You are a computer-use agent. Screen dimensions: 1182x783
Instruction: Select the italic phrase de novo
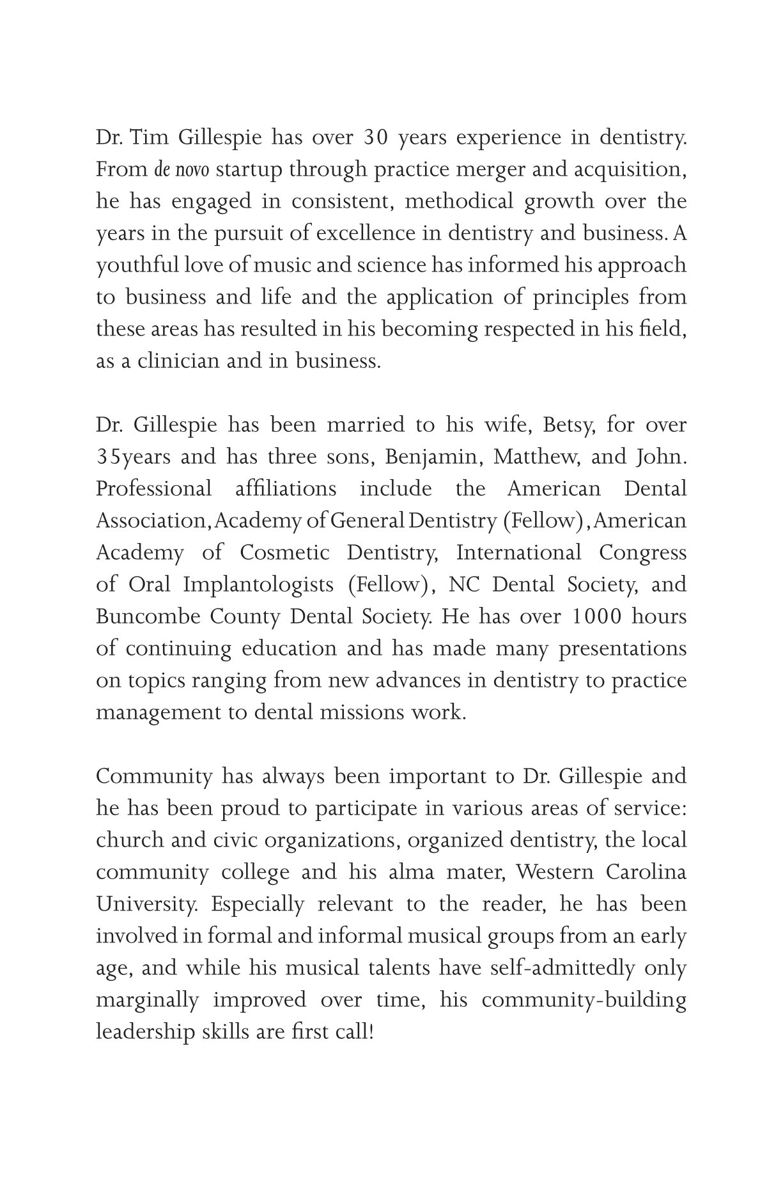click(x=182, y=170)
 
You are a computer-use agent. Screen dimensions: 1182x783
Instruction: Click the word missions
click(x=363, y=713)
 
